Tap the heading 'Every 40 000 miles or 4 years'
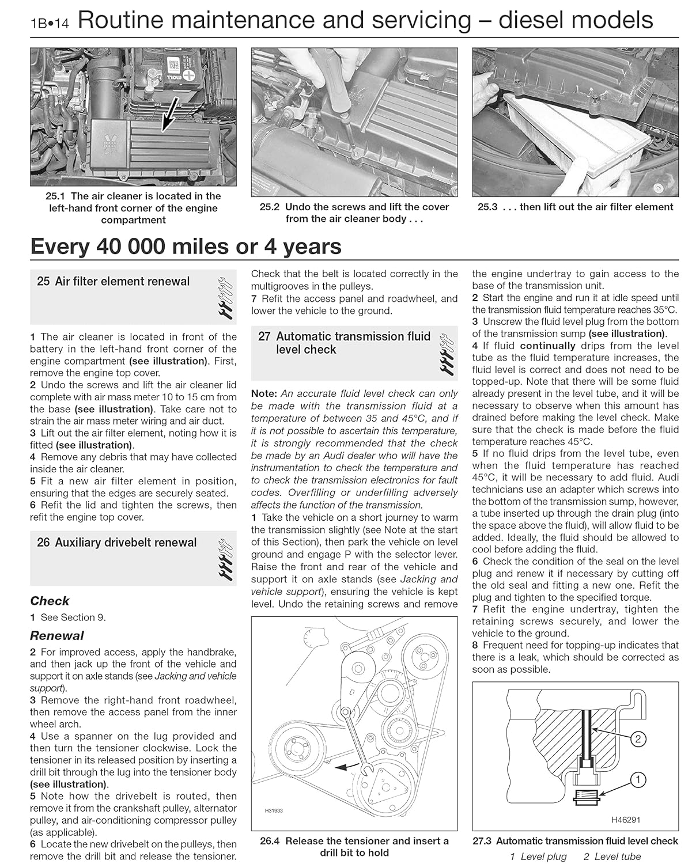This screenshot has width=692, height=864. click(186, 247)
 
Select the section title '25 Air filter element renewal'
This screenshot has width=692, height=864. click(113, 282)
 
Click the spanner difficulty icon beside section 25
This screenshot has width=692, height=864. click(225, 298)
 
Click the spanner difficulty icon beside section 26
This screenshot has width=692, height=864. click(225, 559)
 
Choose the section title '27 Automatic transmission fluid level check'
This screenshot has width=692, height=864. click(345, 343)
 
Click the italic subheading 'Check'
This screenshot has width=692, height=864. click(50, 601)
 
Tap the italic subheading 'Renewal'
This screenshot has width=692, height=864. click(56, 636)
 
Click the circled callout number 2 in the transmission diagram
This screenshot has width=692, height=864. click(638, 739)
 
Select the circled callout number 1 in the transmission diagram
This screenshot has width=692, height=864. click(638, 780)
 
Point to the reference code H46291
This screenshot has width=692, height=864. click(626, 820)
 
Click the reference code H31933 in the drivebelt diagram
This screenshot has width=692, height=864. click(274, 810)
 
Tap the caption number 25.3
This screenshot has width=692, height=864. click(487, 207)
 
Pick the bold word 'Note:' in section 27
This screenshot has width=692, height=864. click(264, 394)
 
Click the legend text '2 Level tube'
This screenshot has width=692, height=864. click(612, 857)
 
